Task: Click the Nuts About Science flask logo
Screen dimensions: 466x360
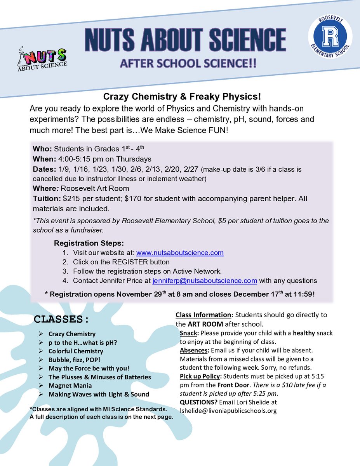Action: (x=42, y=59)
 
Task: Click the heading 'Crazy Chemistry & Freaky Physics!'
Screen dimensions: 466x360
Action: (x=180, y=96)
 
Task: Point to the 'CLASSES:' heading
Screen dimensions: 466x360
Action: (x=61, y=320)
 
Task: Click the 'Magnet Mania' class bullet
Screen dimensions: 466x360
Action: (x=70, y=386)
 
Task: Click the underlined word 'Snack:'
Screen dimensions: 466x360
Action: (x=189, y=333)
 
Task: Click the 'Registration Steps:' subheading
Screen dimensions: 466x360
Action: (x=89, y=243)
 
